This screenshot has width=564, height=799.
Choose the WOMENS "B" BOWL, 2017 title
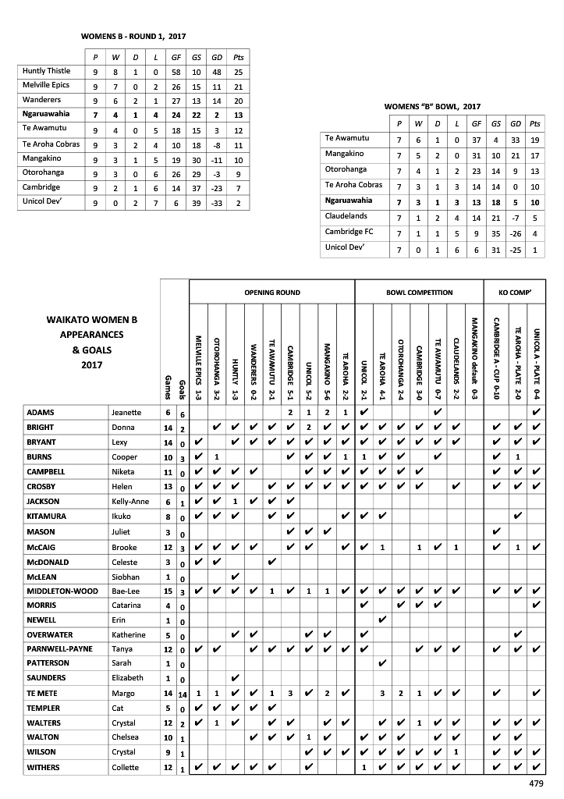tap(434, 106)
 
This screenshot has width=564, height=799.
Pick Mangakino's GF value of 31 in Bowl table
tap(475, 154)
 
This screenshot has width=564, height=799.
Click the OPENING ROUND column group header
tap(271, 293)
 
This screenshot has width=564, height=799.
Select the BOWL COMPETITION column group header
tap(419, 293)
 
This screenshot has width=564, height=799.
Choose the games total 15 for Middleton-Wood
tap(167, 590)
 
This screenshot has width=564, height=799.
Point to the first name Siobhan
tap(129, 575)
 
